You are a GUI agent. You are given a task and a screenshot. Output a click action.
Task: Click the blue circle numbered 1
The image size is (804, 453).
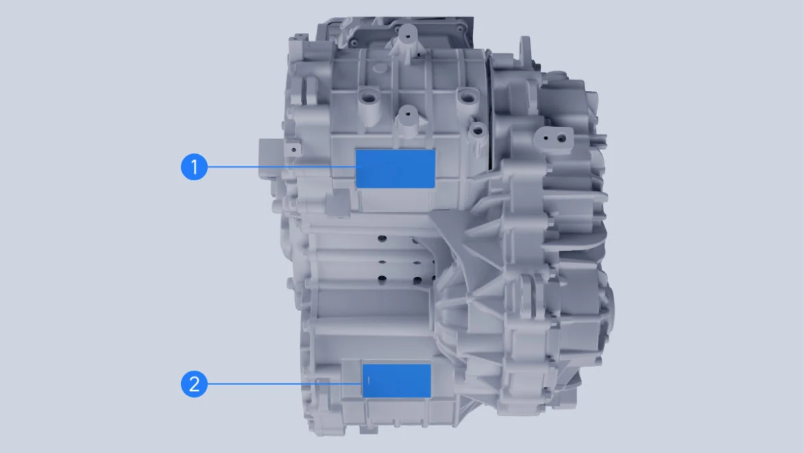coord(195,167)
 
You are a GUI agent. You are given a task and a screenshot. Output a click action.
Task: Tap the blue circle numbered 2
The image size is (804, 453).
coord(195,384)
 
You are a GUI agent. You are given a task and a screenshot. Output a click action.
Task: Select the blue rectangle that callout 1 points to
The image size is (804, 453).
coord(395,169)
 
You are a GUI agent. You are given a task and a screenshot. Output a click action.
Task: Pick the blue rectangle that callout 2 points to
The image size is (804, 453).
coord(396,381)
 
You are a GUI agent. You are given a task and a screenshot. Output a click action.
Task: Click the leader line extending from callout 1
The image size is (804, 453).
coord(282,167)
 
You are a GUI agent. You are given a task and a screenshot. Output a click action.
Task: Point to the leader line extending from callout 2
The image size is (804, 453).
coord(285,383)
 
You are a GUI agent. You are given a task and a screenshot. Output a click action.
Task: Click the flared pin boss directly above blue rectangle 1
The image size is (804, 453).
coord(408,121)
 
